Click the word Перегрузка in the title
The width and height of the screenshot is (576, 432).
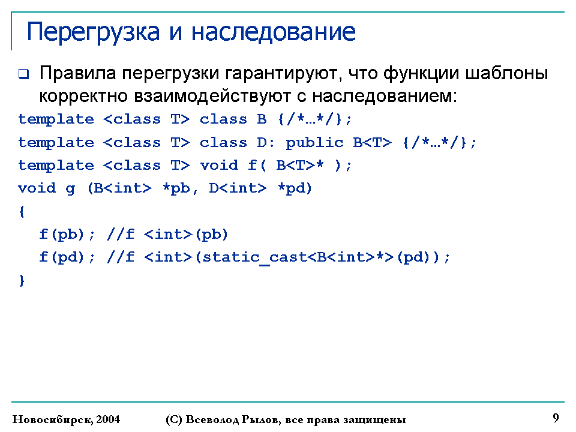[x=94, y=33]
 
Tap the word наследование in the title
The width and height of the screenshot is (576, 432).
[x=274, y=32]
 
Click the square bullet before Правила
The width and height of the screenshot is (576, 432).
[x=23, y=74]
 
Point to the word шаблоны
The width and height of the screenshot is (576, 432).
[x=506, y=73]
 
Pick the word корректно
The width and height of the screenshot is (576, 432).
[x=83, y=97]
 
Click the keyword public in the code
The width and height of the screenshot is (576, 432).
[x=314, y=143]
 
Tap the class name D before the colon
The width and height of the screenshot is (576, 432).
[x=262, y=143]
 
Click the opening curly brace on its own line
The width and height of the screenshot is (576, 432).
[x=22, y=212]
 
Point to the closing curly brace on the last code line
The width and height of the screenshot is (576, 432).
[x=22, y=280]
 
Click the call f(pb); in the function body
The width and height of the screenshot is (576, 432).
[x=67, y=235]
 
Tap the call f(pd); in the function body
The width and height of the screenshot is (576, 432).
[x=67, y=257]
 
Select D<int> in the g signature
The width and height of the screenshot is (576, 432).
[x=238, y=188]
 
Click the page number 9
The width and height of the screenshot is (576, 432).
[x=556, y=418]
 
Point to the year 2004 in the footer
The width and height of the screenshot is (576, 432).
[x=108, y=419]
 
